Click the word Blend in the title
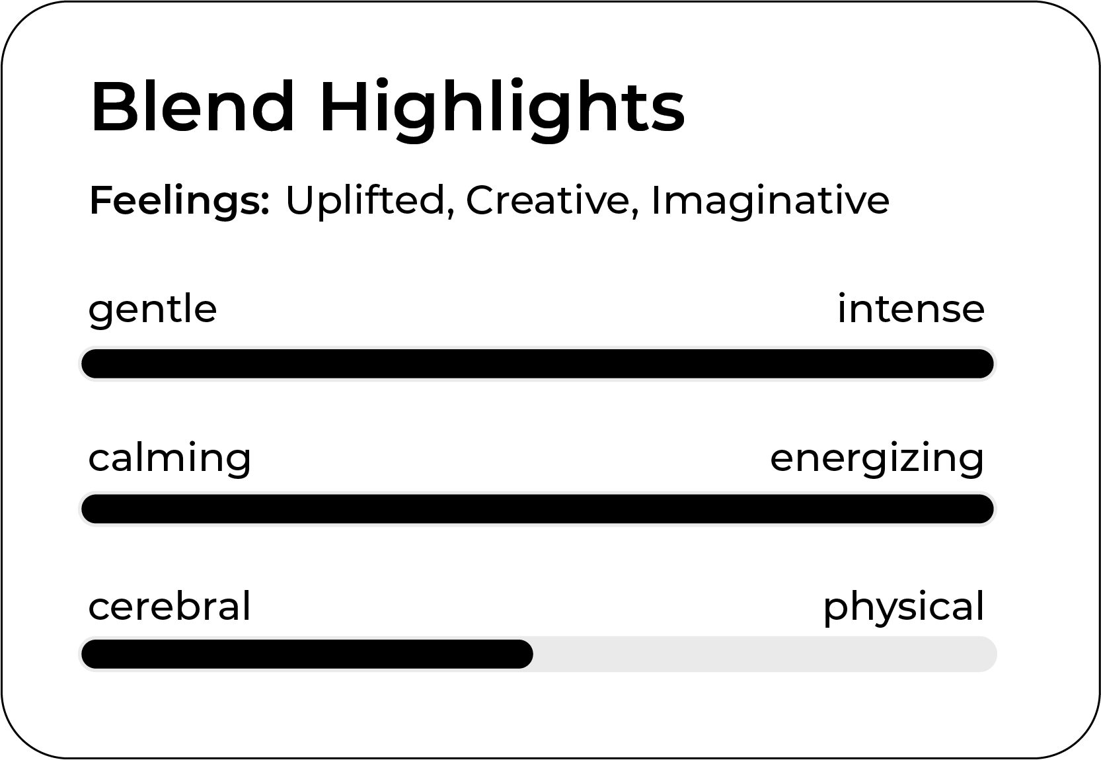click(x=192, y=106)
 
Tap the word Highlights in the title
click(x=502, y=110)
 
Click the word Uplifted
click(x=365, y=200)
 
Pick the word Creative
click(x=548, y=200)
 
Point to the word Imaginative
click(x=771, y=202)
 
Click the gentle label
click(x=153, y=311)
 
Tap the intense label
click(x=911, y=309)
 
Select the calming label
click(x=170, y=459)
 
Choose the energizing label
click(x=877, y=459)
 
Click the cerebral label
click(x=170, y=606)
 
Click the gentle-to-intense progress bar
click(x=538, y=364)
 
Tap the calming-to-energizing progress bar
click(x=538, y=509)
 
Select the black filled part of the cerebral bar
click(x=307, y=654)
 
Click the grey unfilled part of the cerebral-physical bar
click(x=765, y=654)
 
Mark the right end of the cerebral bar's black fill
click(x=533, y=654)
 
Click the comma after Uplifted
click(x=450, y=212)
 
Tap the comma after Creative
click(x=636, y=212)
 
